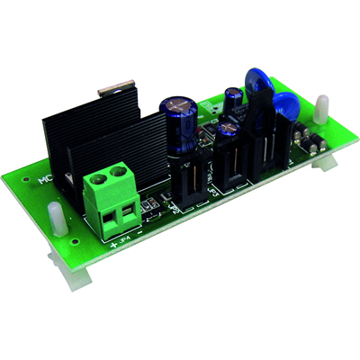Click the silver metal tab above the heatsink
tap(113, 86)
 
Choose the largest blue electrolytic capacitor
tap(179, 125)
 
